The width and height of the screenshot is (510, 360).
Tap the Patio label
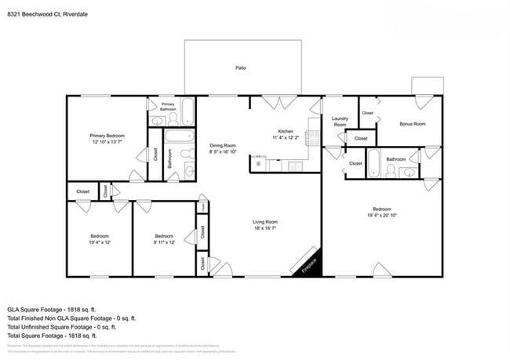[x=241, y=68]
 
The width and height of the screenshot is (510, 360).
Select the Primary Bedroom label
[x=107, y=136]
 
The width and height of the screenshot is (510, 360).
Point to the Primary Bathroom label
[x=168, y=107]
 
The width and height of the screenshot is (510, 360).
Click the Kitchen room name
[x=286, y=131]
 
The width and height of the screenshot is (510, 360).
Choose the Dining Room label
[x=223, y=145]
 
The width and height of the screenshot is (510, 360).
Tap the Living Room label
[x=265, y=222]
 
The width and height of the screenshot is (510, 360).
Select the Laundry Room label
[x=340, y=122]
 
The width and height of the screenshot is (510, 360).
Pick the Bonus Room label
[x=412, y=124]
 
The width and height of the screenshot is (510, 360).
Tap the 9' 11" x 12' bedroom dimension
[x=163, y=242]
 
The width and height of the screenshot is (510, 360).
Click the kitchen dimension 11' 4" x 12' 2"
[x=286, y=137]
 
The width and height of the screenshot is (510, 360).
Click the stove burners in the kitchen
[x=315, y=139]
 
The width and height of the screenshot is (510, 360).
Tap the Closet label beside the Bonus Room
[x=367, y=113]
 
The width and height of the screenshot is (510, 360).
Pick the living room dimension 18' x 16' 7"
[x=265, y=229]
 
